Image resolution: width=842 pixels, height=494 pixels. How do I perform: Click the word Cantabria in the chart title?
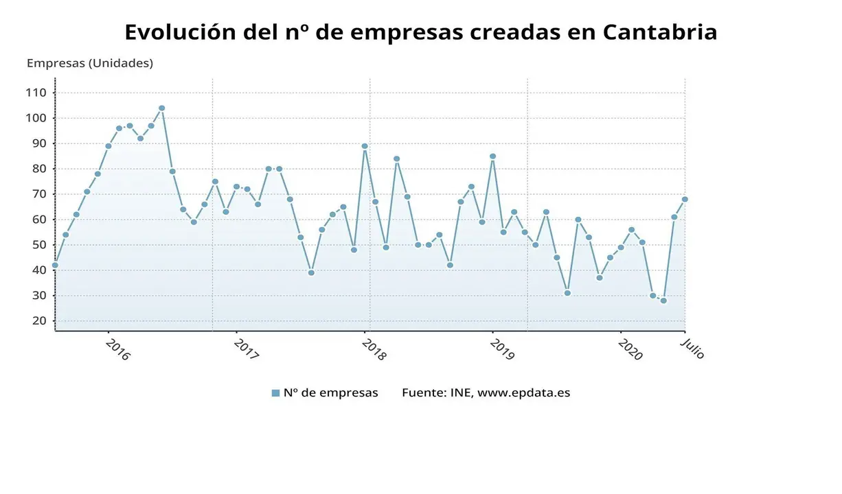[660, 32]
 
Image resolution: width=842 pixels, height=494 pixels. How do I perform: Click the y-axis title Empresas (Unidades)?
[90, 63]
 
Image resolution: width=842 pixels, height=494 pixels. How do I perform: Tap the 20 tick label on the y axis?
[38, 321]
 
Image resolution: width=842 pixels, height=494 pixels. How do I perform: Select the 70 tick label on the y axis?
[38, 194]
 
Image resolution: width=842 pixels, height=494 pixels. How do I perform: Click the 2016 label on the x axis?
[117, 349]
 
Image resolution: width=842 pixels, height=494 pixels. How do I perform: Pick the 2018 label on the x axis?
[374, 349]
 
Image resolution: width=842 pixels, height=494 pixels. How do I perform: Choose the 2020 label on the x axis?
[630, 349]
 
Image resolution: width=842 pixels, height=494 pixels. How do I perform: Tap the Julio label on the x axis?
[692, 348]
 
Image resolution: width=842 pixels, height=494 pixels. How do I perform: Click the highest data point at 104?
[161, 108]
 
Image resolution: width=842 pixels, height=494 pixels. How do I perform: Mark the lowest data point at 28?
[663, 301]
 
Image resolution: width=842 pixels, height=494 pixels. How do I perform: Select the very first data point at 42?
[55, 265]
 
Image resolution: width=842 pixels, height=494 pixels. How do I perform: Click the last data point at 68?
[685, 200]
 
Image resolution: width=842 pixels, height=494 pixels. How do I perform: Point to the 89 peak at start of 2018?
[365, 146]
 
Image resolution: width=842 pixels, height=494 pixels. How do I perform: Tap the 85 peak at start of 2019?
[492, 156]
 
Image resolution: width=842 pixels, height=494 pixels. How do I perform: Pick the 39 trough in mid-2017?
[311, 272]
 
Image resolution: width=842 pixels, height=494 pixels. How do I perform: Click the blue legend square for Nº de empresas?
[275, 393]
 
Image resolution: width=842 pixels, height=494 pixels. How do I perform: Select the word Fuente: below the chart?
[424, 393]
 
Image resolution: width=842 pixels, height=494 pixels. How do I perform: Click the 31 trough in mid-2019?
[567, 293]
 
